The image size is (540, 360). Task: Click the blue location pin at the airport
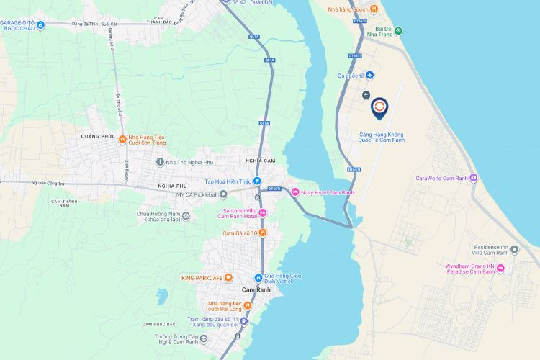pos(379,108)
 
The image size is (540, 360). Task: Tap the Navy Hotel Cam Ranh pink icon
pos(295,192)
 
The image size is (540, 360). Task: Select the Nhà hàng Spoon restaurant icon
pos(374,9)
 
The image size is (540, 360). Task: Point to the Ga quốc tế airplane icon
pos(369,76)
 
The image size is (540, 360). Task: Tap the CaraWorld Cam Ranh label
pos(442,178)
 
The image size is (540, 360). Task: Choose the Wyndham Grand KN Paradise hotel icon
pos(501,269)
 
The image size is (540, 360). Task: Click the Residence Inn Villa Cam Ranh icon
pos(514,249)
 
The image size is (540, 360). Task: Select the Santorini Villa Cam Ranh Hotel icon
pos(263,212)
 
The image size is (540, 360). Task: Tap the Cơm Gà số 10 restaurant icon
pos(263,233)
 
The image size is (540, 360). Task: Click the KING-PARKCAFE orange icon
pos(228,277)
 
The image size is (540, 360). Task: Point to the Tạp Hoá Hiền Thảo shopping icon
pos(256,181)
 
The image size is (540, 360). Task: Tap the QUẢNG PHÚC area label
pos(99,135)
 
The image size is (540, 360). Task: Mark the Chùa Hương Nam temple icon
pos(186,215)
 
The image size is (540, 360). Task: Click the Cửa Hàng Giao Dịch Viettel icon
pos(258,278)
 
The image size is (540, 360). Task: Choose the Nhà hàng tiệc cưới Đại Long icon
pos(246,305)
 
